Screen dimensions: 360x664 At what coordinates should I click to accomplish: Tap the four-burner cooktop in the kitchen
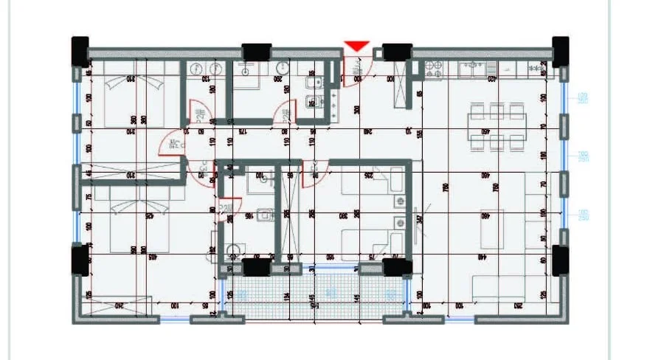434,69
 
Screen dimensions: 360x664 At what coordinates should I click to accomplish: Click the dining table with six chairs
497,126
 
